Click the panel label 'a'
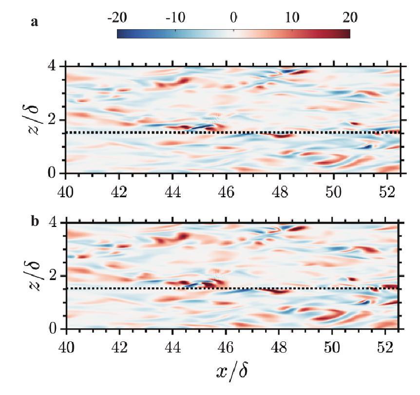35,22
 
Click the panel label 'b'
35,222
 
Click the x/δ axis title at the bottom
233,373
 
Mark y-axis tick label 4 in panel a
55,67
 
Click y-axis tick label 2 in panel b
55,276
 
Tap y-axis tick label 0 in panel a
55,174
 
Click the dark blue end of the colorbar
120,34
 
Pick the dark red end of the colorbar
347,34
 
